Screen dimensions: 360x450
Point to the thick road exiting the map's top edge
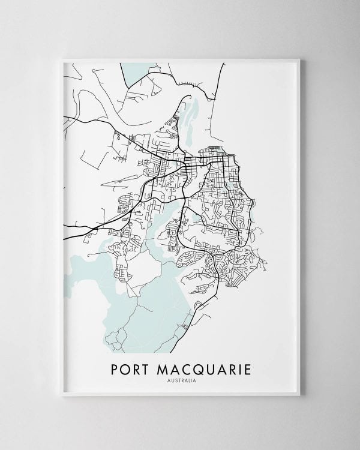(x=223, y=69)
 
